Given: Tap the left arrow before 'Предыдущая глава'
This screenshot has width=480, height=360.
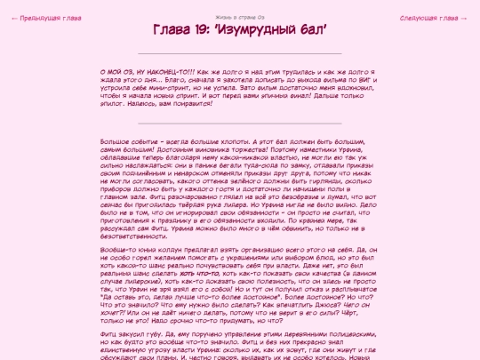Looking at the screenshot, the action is point(14,18).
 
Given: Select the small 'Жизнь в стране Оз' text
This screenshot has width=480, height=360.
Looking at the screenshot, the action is point(239,17).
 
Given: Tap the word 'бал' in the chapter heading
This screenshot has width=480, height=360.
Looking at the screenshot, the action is point(314,32).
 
